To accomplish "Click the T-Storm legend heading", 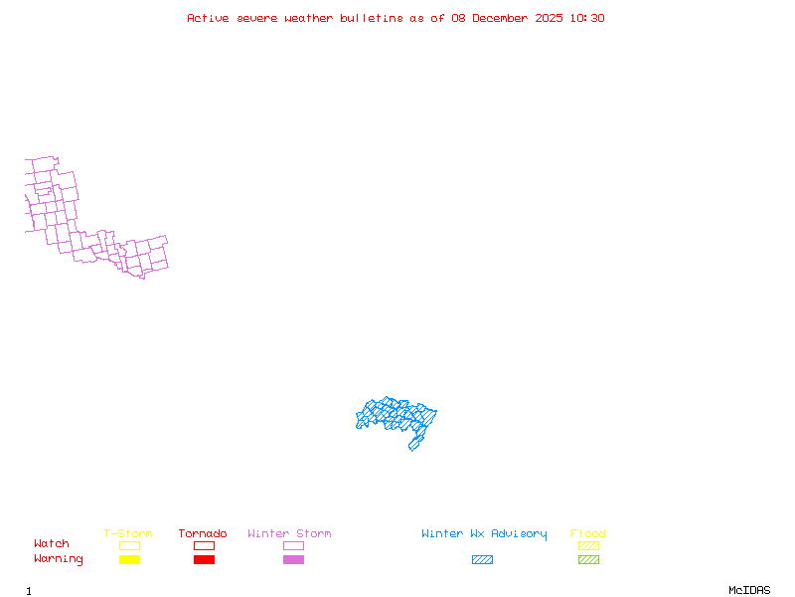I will (x=128, y=534).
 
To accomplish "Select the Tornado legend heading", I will (x=203, y=534).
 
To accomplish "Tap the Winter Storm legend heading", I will (x=289, y=534).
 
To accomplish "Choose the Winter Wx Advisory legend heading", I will (x=484, y=534).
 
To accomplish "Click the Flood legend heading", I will (x=588, y=534).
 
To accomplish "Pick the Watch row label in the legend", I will (x=52, y=544).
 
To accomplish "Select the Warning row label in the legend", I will (x=59, y=559).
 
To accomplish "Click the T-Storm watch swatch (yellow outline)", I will (x=129, y=545).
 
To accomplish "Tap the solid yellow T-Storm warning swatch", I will (x=129, y=560).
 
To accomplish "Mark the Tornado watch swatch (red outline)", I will (x=204, y=545).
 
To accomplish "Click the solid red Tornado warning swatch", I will (x=204, y=560).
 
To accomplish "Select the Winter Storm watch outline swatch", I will (x=293, y=545).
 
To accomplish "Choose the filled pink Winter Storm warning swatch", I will (x=293, y=560).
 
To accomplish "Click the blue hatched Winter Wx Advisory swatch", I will (x=482, y=560).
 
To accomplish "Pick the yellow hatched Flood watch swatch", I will (x=588, y=545).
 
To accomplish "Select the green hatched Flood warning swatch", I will (x=588, y=560).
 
